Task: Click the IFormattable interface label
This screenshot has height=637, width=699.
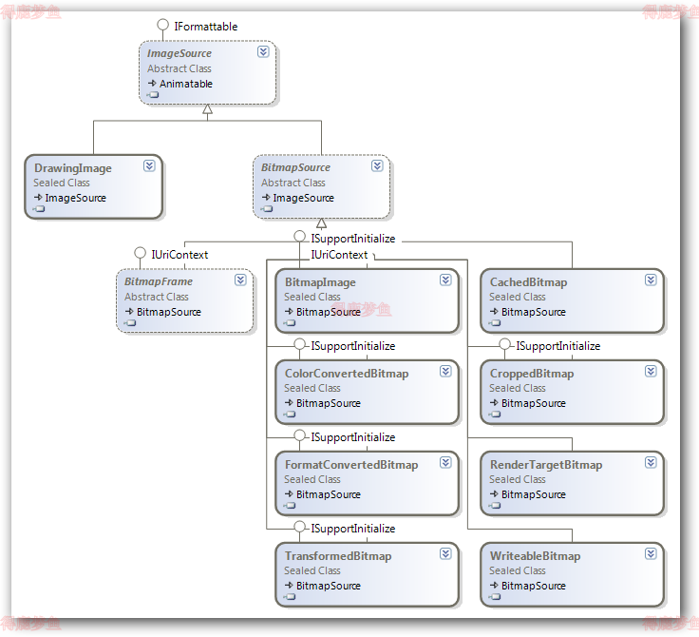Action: [205, 27]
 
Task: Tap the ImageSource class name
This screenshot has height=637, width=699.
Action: [179, 53]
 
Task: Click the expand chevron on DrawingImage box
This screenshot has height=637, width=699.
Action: [149, 165]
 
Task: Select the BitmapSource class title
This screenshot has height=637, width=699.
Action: [295, 167]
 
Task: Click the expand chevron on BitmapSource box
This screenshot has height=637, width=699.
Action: [377, 165]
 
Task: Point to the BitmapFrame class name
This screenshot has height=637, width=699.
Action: [158, 281]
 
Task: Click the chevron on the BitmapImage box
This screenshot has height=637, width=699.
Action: [445, 280]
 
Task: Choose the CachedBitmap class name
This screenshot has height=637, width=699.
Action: [528, 282]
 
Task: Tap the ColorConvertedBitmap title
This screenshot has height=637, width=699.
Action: [347, 374]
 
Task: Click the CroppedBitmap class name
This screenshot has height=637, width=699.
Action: [532, 374]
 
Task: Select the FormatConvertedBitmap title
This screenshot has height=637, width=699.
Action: [351, 465]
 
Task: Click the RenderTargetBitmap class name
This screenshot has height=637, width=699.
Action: [546, 465]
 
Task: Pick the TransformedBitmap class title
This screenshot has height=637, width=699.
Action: [338, 556]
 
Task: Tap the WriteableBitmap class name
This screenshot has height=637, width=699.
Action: [535, 556]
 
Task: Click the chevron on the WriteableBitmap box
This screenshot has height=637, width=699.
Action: [651, 553]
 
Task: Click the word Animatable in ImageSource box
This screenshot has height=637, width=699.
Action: [186, 84]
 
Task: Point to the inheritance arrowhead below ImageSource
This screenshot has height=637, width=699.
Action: [207, 110]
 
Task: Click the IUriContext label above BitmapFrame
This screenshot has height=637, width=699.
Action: [179, 255]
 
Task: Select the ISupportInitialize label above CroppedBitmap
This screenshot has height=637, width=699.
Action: [557, 346]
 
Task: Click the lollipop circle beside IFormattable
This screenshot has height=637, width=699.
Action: [165, 27]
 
